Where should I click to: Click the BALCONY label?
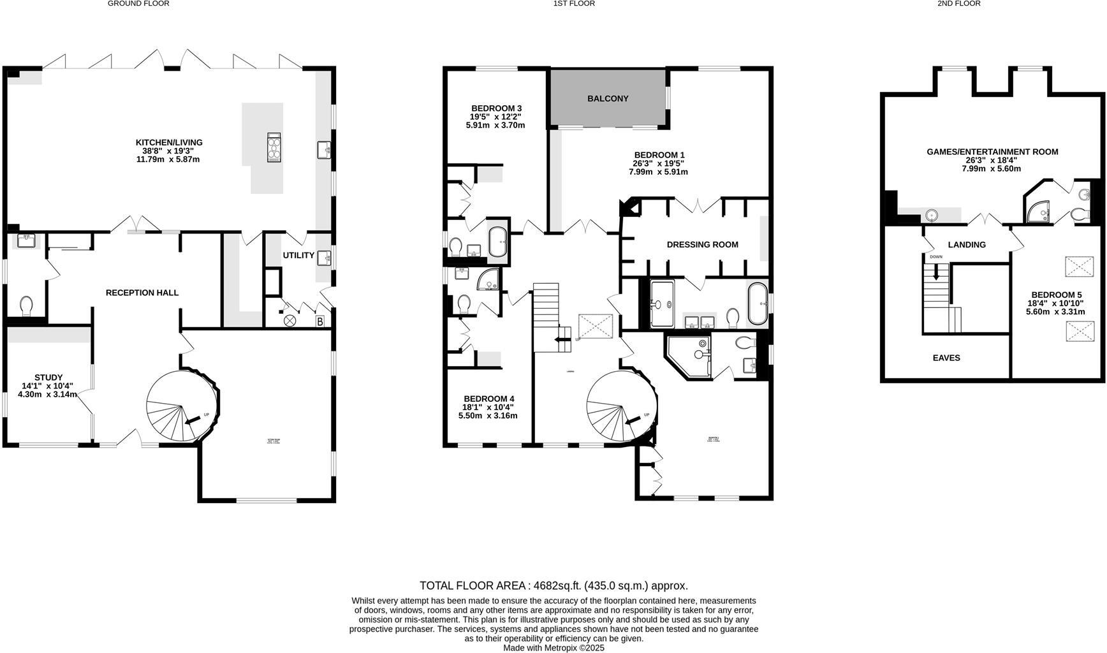pos(608,98)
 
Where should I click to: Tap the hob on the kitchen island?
pos(274,148)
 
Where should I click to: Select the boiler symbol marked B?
pos(319,321)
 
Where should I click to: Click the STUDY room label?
pos(48,378)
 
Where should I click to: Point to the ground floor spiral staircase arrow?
pos(191,420)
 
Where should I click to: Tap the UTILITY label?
pos(298,255)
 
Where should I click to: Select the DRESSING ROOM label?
pos(702,244)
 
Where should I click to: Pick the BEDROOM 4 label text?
pos(488,399)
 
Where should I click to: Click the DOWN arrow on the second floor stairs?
pos(936,273)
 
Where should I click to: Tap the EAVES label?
pos(946,358)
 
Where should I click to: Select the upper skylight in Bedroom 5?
pos(1079,266)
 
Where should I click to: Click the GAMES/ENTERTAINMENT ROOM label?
pos(992,152)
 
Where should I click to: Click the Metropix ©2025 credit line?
pos(553,648)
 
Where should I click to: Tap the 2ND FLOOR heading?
pos(958,4)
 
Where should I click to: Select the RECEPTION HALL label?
pos(142,293)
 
